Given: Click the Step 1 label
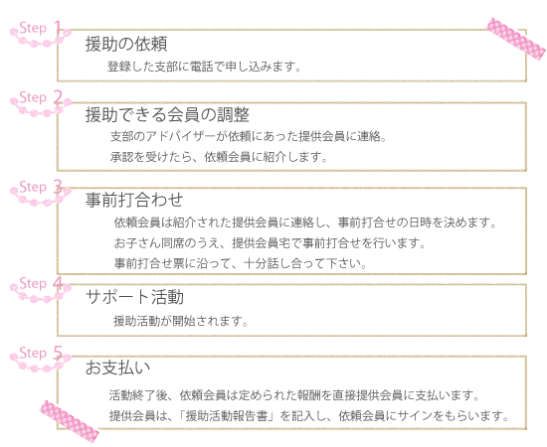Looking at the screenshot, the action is point(41,28).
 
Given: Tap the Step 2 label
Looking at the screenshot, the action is point(41,97).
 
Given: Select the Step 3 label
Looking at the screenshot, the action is point(41,187).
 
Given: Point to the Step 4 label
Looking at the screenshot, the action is point(41,283).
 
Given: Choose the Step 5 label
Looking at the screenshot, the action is point(41,353).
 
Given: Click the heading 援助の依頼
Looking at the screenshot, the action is point(126,45).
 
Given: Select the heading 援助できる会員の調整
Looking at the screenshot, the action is point(167,114).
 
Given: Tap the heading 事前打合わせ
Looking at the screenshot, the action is point(134,200).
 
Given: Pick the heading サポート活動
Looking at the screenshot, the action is point(134,297).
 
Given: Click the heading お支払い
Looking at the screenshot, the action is point(118,368).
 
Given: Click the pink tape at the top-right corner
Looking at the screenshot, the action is point(516,39).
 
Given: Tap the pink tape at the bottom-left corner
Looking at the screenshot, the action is point(70,421).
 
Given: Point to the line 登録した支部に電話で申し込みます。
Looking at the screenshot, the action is point(204,67).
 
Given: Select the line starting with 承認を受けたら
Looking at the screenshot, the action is point(219,157).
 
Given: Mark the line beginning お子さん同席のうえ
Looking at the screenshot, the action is point(270,242).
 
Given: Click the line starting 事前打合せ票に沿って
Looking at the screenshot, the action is point(241,263).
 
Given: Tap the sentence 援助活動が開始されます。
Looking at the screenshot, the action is point(181,321).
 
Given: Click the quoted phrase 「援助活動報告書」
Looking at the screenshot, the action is point(226,416).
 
